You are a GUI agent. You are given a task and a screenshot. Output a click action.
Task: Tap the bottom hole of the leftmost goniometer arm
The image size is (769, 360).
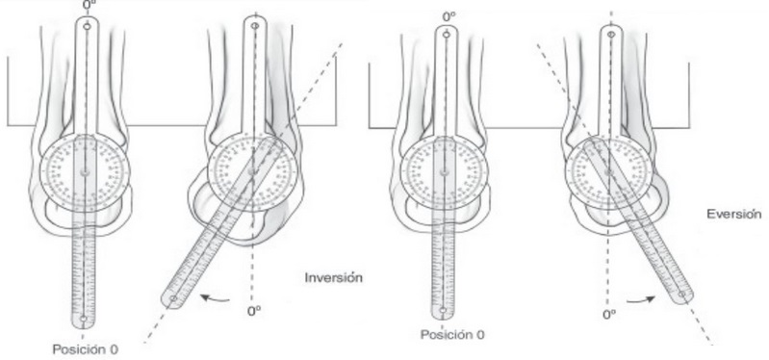(85, 319)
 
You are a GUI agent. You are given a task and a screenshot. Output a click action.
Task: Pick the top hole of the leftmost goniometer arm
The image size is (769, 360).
(86, 27)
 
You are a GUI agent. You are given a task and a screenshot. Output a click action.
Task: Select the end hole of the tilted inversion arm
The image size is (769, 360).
(173, 300)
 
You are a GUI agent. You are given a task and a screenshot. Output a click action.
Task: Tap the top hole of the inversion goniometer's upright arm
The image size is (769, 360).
(252, 26)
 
